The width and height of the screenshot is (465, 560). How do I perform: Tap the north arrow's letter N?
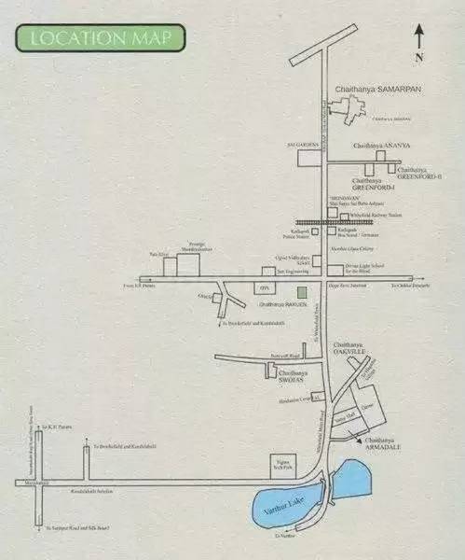click(x=421, y=57)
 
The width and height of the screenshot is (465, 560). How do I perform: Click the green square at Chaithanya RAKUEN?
click(x=288, y=292)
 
